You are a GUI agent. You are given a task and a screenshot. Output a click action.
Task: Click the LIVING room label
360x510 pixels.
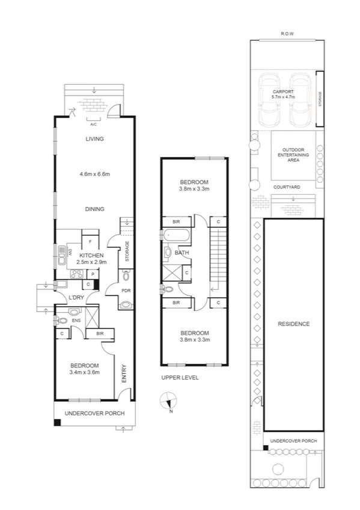(x=94, y=139)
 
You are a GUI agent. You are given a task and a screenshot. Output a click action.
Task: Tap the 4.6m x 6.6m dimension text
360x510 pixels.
(x=94, y=174)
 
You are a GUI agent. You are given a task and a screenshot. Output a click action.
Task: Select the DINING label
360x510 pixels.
(x=94, y=209)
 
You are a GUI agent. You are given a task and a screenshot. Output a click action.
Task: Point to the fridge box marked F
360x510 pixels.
(x=90, y=242)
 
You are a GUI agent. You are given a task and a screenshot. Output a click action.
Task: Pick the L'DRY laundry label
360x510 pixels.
(x=76, y=298)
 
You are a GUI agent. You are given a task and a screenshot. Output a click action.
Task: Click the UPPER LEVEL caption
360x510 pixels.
(x=180, y=378)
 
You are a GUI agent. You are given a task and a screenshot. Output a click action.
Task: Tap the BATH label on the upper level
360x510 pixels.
(x=182, y=253)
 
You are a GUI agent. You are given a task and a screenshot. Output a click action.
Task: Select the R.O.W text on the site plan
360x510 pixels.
(x=288, y=34)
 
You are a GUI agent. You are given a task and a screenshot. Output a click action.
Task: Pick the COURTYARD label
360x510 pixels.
(x=287, y=187)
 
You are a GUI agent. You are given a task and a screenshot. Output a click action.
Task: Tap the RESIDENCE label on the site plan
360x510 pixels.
(x=293, y=324)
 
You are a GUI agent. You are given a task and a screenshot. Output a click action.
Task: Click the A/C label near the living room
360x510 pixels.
(x=93, y=124)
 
